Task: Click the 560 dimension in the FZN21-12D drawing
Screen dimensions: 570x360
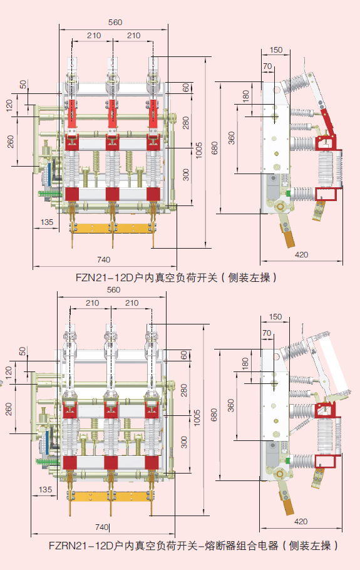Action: coord(115,23)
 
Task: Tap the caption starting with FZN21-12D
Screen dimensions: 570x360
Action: coord(176,277)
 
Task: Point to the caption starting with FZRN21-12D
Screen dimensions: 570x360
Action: coord(193,545)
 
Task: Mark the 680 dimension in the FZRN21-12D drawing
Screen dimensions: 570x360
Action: coord(214,415)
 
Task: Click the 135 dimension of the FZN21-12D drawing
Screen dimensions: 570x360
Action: coord(47,222)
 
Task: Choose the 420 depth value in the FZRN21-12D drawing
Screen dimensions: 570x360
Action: coord(301,521)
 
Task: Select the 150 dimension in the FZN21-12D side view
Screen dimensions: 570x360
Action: coord(276,51)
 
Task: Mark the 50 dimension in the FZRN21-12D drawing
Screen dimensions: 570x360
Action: coord(23,351)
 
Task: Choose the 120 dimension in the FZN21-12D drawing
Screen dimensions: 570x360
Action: coord(9,105)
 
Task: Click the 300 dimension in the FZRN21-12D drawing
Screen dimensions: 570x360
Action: coord(184,442)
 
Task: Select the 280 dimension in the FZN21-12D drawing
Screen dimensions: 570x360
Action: coord(185,123)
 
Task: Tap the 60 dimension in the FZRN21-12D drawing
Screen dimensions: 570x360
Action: coord(184,355)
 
